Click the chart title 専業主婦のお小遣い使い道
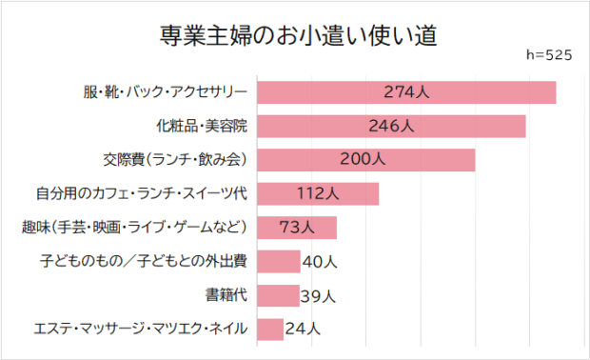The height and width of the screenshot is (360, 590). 297,35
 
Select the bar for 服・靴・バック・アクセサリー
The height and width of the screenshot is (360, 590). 406,92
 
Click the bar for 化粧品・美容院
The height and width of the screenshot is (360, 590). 391,126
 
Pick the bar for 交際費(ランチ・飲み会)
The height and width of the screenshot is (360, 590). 366,160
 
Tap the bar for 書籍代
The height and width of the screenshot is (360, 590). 278,295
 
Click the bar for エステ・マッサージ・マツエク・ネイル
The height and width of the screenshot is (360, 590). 270,330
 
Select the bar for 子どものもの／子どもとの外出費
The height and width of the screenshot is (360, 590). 278,261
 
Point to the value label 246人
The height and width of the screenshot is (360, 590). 391,126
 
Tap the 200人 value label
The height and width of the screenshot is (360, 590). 363,160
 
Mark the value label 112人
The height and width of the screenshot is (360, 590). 318,193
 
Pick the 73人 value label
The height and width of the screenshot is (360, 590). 297,228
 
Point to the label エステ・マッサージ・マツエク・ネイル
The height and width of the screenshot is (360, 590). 141,330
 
